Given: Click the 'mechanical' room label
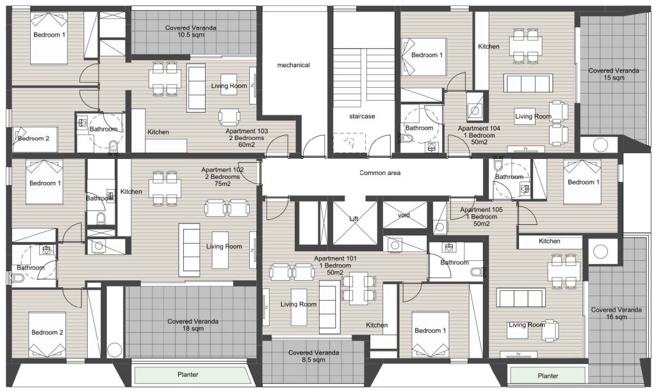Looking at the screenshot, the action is pyautogui.click(x=293, y=65).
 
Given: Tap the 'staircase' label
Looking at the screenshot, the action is pyautogui.click(x=362, y=117).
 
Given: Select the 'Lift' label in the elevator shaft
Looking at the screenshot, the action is pyautogui.click(x=354, y=219).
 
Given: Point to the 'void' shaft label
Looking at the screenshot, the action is pyautogui.click(x=404, y=215).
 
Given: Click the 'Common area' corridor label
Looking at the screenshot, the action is pyautogui.click(x=380, y=173).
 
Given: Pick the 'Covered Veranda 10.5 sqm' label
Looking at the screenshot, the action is pyautogui.click(x=191, y=31).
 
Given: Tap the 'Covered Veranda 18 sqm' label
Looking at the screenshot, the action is pyautogui.click(x=193, y=325).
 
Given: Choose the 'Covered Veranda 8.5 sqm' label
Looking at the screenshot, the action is pyautogui.click(x=313, y=356).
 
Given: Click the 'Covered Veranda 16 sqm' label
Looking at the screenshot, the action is pyautogui.click(x=616, y=313).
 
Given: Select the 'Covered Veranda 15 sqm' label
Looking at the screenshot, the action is pyautogui.click(x=614, y=74).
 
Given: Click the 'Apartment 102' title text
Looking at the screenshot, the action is pyautogui.click(x=222, y=170).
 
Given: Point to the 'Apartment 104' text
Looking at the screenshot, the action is pyautogui.click(x=479, y=129).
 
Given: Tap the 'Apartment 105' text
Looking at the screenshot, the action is pyautogui.click(x=481, y=210).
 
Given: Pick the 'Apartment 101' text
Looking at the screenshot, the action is pyautogui.click(x=335, y=259).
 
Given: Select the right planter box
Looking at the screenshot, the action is pyautogui.click(x=548, y=376).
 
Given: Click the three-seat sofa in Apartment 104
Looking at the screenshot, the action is pyautogui.click(x=528, y=83).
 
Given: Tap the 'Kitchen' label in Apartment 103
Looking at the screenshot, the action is pyautogui.click(x=158, y=132).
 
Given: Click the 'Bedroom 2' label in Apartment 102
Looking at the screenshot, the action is pyautogui.click(x=47, y=333).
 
